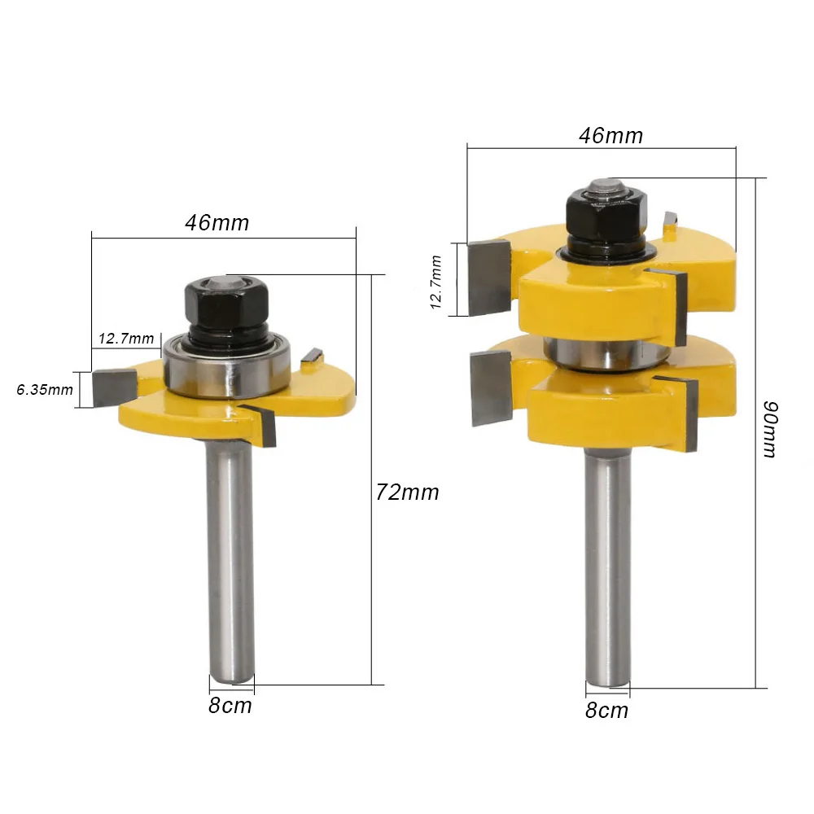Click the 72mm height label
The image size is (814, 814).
coord(408,492)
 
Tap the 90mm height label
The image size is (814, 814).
coord(771,429)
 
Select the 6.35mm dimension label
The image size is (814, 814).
coord(45,390)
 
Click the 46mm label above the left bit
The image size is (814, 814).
coord(217,223)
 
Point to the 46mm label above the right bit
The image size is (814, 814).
coord(611,135)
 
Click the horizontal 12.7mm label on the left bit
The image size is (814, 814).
coord(126,339)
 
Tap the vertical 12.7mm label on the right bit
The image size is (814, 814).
coord(435,282)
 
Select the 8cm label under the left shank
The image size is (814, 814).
coord(230,706)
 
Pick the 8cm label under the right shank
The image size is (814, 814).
coord(606,710)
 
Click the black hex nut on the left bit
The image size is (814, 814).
coord(227,303)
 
